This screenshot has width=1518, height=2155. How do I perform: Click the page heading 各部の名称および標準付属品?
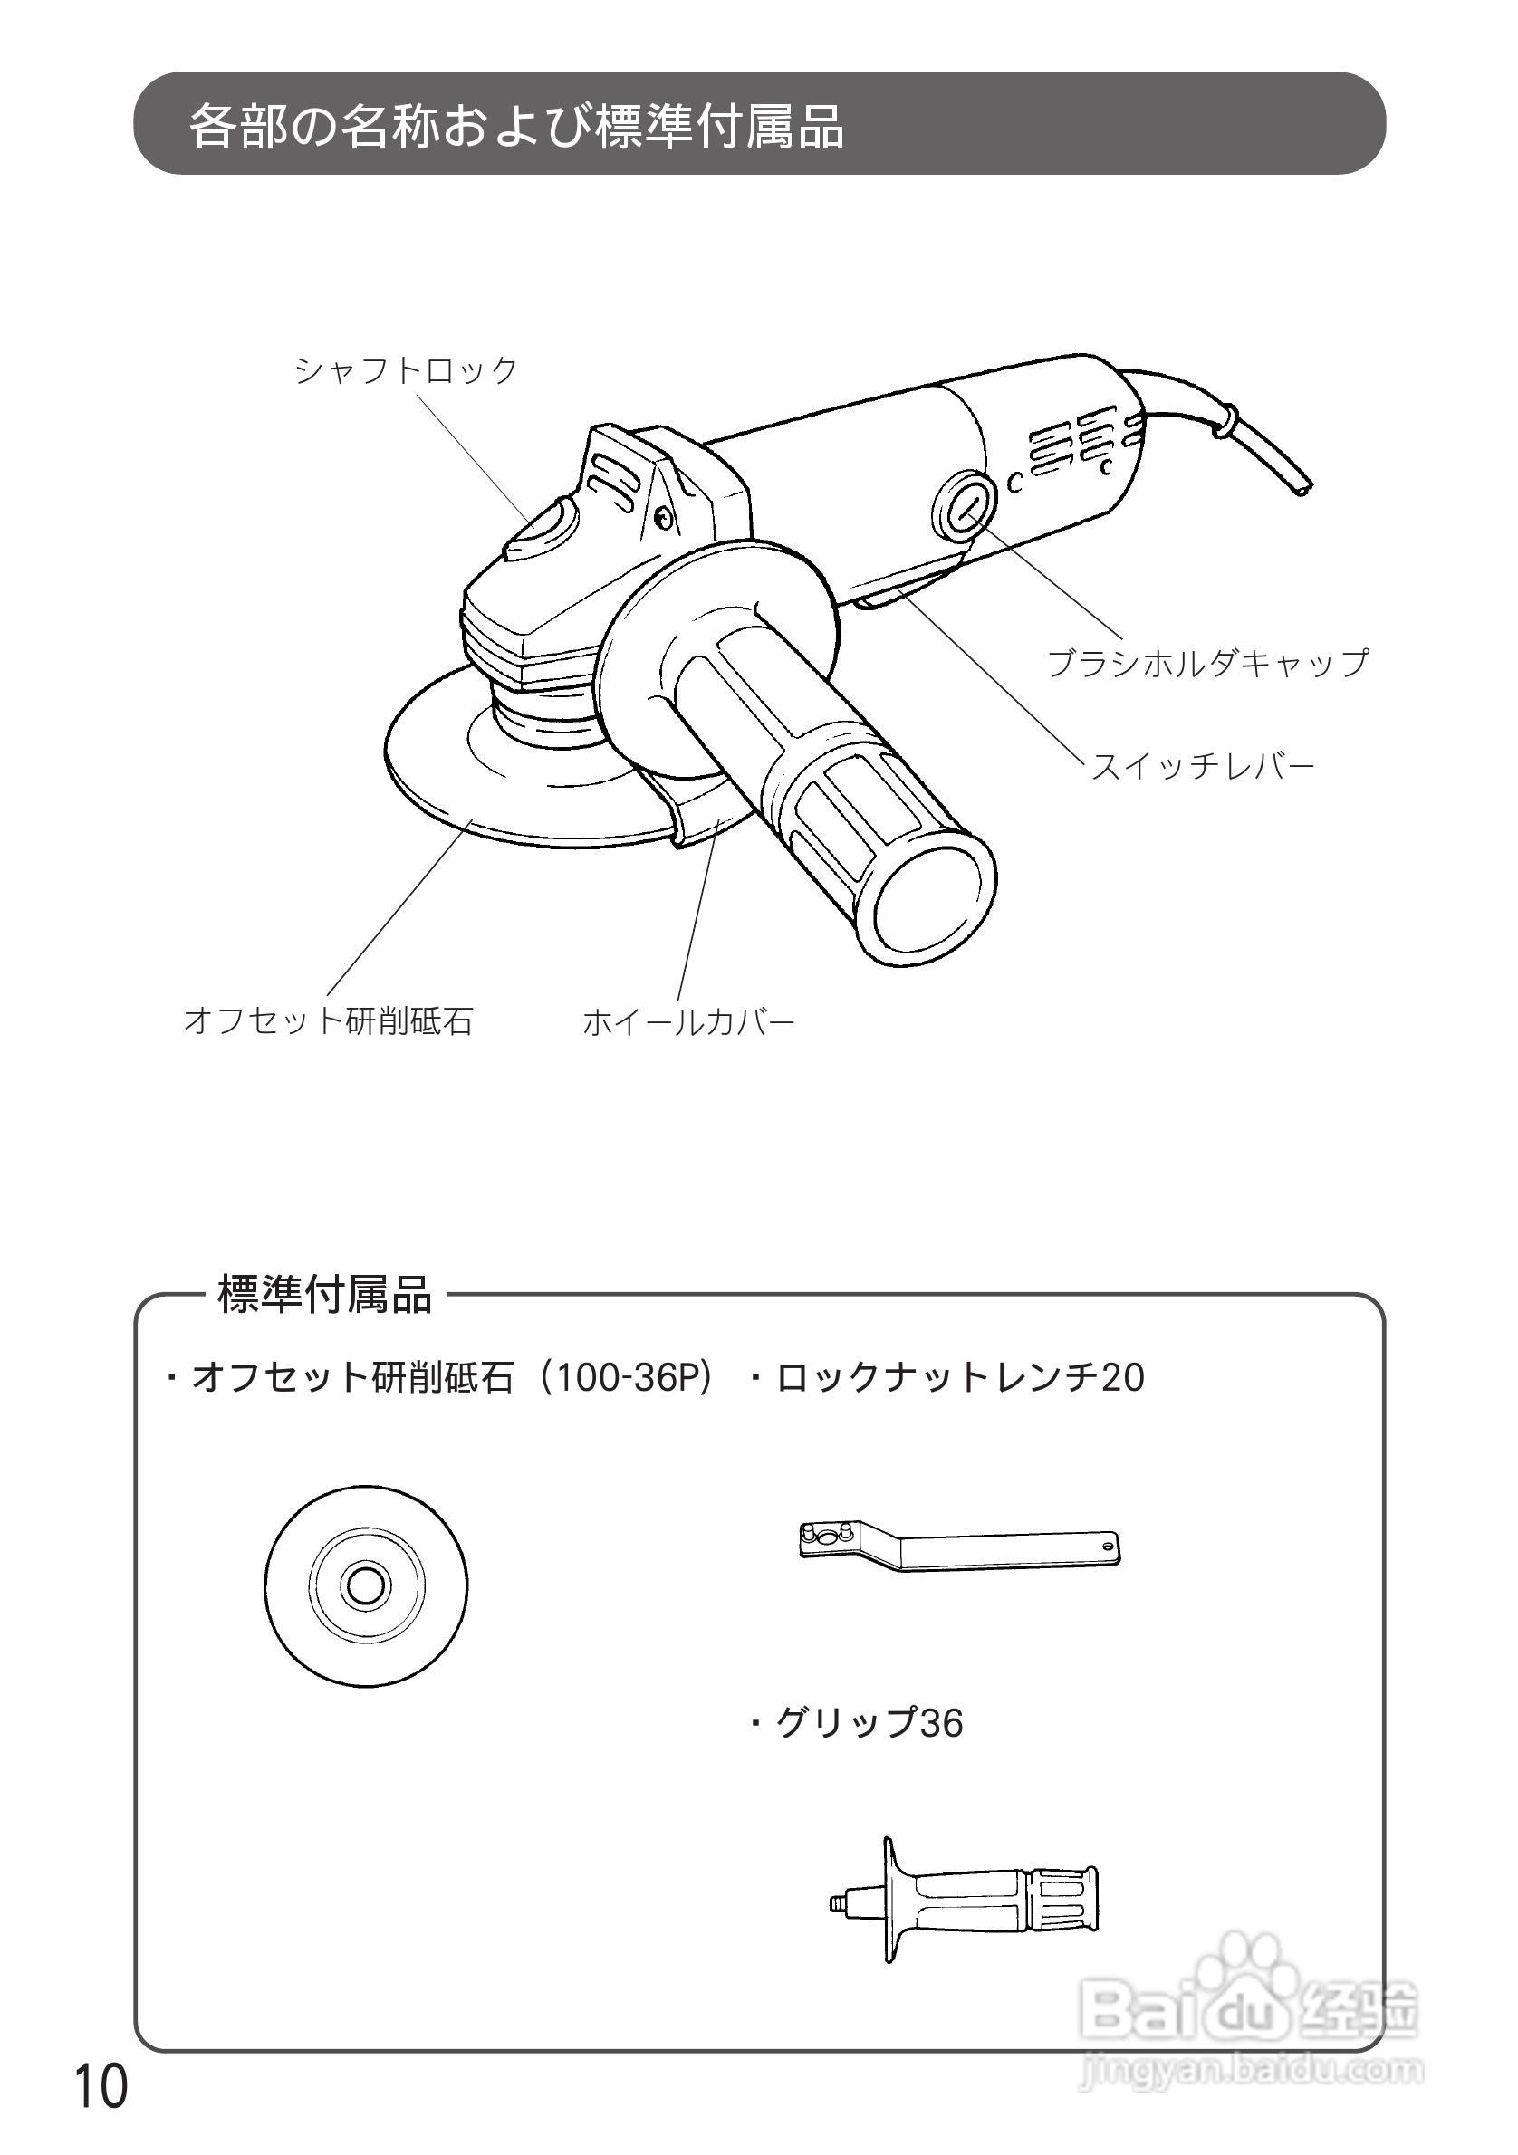pyautogui.click(x=516, y=126)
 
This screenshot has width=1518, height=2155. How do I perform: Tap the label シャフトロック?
pyautogui.click(x=406, y=369)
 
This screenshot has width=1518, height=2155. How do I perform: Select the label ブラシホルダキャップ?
pyautogui.click(x=1207, y=663)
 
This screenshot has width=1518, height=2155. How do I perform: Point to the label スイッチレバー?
pyautogui.click(x=1202, y=767)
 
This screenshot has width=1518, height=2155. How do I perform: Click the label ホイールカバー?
pyautogui.click(x=688, y=1021)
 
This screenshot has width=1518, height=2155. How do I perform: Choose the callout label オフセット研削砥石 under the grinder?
pyautogui.click(x=328, y=1020)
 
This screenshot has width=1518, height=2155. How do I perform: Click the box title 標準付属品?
pyautogui.click(x=324, y=1294)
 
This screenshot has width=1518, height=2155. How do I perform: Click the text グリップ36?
pyautogui.click(x=869, y=1722)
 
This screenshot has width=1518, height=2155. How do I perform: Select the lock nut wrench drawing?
pyautogui.click(x=957, y=1543)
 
